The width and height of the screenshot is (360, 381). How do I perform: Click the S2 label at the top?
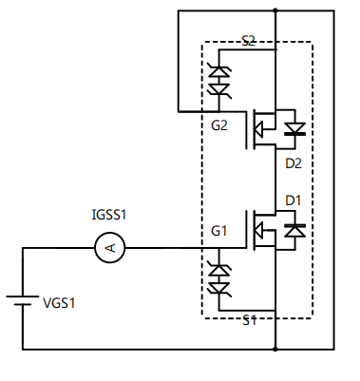click(248, 40)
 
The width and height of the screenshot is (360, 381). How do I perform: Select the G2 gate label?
click(219, 125)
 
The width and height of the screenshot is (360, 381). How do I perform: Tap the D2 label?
click(294, 163)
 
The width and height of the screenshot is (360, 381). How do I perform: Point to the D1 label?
click(294, 200)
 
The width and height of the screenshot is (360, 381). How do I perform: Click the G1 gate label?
click(219, 231)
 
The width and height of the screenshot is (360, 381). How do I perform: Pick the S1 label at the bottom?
click(248, 320)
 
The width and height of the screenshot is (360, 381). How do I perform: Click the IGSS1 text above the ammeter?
click(109, 216)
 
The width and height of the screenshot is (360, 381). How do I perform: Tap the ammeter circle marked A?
click(109, 248)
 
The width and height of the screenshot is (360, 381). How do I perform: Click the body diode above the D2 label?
click(294, 128)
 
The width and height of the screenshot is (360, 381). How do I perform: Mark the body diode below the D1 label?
click(294, 230)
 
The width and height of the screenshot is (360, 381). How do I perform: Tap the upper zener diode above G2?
click(219, 72)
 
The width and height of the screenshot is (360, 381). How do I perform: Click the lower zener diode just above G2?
click(219, 90)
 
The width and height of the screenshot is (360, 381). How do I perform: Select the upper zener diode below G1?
click(219, 269)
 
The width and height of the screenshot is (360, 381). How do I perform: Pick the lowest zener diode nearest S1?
click(219, 287)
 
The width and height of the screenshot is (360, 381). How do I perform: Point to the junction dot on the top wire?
click(275, 11)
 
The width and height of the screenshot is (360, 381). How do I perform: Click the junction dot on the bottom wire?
click(275, 349)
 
